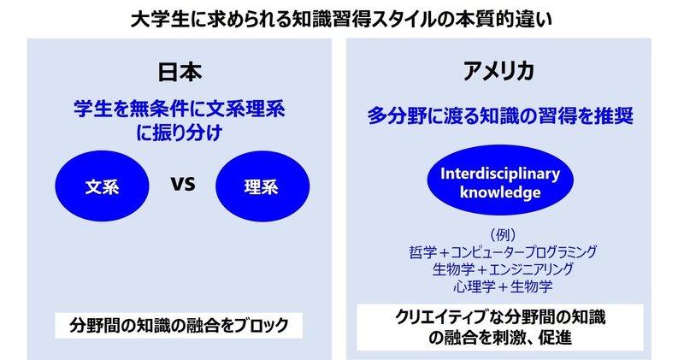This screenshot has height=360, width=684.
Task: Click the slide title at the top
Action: pos(341,21)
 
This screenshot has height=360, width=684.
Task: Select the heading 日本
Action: pos(180,72)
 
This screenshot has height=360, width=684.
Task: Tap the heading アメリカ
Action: pos(498,72)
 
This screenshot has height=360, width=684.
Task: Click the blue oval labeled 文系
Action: pos(102,186)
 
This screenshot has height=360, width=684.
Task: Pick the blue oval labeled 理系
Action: pos(262,186)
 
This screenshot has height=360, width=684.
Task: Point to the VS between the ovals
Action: pos(183,184)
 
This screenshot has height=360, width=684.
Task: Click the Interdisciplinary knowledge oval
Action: pos(500,180)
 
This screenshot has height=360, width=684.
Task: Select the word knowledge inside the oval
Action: pos(500,192)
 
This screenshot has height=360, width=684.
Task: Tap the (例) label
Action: pos(503,235)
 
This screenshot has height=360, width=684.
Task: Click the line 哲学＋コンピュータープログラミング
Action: pos(503,251)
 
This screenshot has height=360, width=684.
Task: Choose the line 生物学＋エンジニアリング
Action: pos(503,269)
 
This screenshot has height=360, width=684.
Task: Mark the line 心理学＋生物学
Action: pos(503,286)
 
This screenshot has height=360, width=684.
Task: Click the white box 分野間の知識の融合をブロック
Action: pos(179,326)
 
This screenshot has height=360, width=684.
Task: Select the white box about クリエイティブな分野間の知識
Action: pos(500,328)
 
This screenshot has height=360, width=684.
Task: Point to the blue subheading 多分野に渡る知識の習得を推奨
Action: pos(500,116)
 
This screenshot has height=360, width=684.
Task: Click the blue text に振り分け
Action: pos(180,133)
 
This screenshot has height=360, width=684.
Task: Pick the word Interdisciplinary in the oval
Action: pos(500,174)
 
